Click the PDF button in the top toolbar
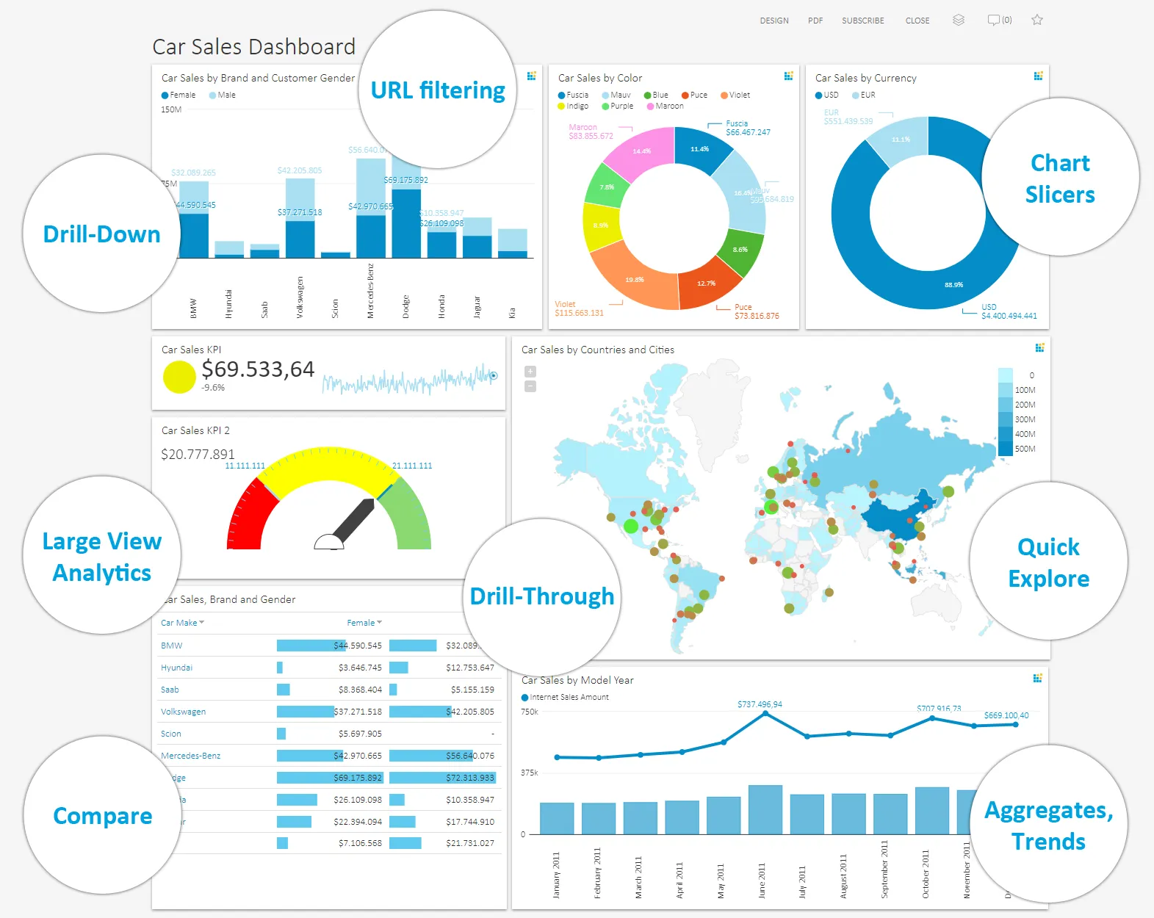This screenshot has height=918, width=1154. tap(815, 21)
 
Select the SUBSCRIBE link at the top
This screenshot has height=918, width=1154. tap(862, 21)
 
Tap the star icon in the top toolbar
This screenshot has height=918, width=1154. tap(1036, 20)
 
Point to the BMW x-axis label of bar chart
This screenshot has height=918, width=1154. tap(194, 307)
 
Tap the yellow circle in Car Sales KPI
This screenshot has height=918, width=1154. tap(178, 377)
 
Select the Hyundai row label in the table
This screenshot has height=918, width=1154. tap(176, 668)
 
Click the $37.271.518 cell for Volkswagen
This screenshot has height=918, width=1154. tap(358, 712)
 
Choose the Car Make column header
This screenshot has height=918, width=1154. tap(179, 623)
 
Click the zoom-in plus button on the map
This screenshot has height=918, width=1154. tap(530, 372)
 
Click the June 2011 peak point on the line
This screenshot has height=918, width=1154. tap(765, 713)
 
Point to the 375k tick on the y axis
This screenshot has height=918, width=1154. tap(529, 773)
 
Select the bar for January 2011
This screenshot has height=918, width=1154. tap(556, 817)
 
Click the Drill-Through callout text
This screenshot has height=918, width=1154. tap(541, 596)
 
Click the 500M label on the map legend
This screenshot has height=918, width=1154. tap(1025, 449)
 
